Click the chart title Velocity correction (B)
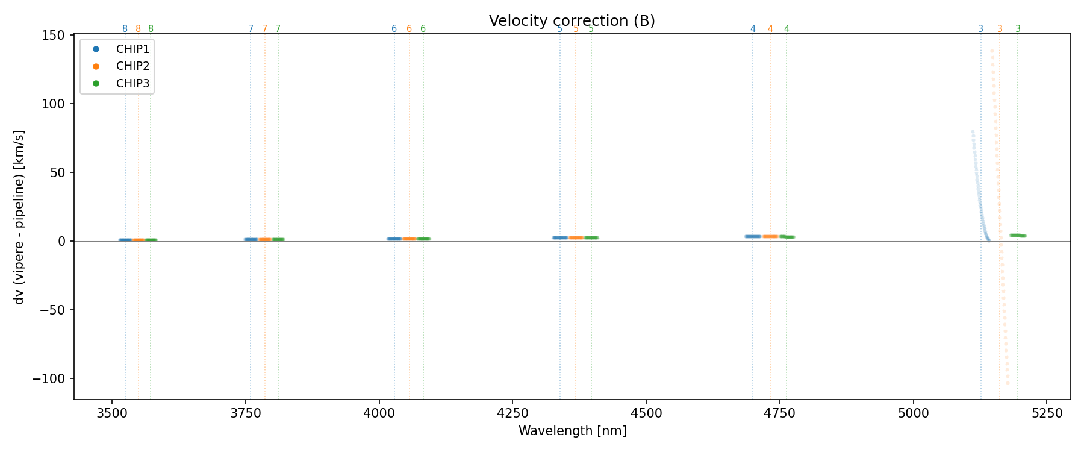coord(572,21)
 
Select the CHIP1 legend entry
coord(132,49)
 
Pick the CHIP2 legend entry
coord(132,66)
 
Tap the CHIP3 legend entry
coord(132,84)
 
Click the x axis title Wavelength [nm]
coord(572,431)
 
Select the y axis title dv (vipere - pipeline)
coord(19,217)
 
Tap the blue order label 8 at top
coord(125,29)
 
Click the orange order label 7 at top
coord(265,29)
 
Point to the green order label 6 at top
coord(423,29)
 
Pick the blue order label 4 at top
coord(753,29)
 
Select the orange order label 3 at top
coord(1000,29)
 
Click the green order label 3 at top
coord(1018,29)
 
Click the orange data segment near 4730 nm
coord(770,236)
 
